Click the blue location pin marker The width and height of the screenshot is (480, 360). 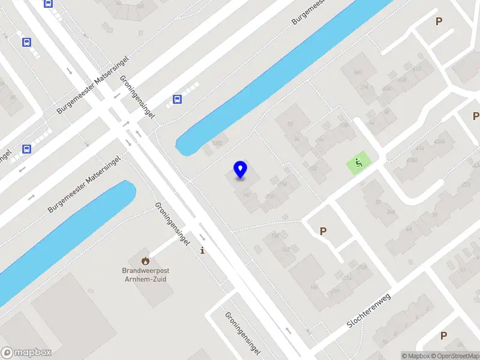point(240,169)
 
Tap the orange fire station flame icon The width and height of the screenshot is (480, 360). point(145,260)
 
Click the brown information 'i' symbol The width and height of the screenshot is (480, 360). point(203,250)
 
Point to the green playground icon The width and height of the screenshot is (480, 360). point(358,162)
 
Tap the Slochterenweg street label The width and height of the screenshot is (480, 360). point(369,312)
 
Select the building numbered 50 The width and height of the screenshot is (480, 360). point(290,124)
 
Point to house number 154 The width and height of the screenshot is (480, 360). point(281,184)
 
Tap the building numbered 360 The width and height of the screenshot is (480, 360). point(358,73)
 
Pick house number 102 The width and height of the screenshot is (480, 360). point(312,169)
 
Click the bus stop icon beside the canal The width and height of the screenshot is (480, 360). point(177,100)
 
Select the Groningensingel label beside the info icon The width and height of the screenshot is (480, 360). point(173,224)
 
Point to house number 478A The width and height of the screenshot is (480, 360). point(412,161)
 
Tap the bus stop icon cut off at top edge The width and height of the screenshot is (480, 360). point(48,3)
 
